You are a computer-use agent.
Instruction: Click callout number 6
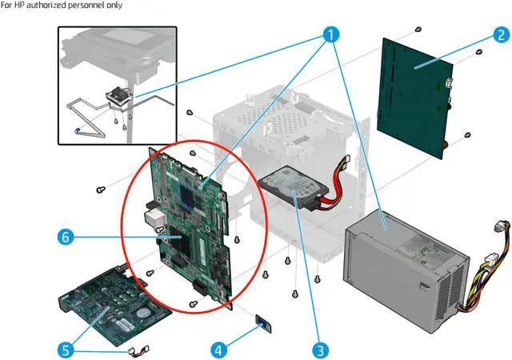67,237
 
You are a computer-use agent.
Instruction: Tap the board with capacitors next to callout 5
112,304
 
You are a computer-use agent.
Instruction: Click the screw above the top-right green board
418,30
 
